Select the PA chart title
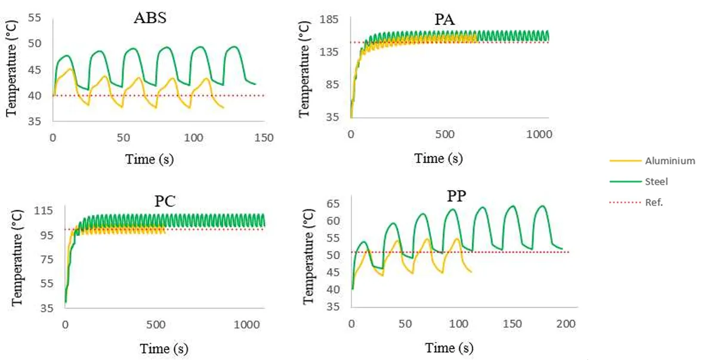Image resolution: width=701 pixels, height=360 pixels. [444, 20]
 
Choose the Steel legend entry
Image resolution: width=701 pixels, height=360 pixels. [658, 181]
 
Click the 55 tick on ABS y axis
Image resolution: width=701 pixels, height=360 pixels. [35, 19]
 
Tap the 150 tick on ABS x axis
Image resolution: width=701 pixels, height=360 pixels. [264, 138]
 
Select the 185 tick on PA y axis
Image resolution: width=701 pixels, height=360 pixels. [330, 20]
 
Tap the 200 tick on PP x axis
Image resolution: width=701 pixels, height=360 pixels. [566, 324]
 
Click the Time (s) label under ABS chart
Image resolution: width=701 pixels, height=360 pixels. [149, 159]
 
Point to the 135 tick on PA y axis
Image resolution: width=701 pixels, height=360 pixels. [330, 53]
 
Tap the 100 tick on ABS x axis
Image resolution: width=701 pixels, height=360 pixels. [193, 138]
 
